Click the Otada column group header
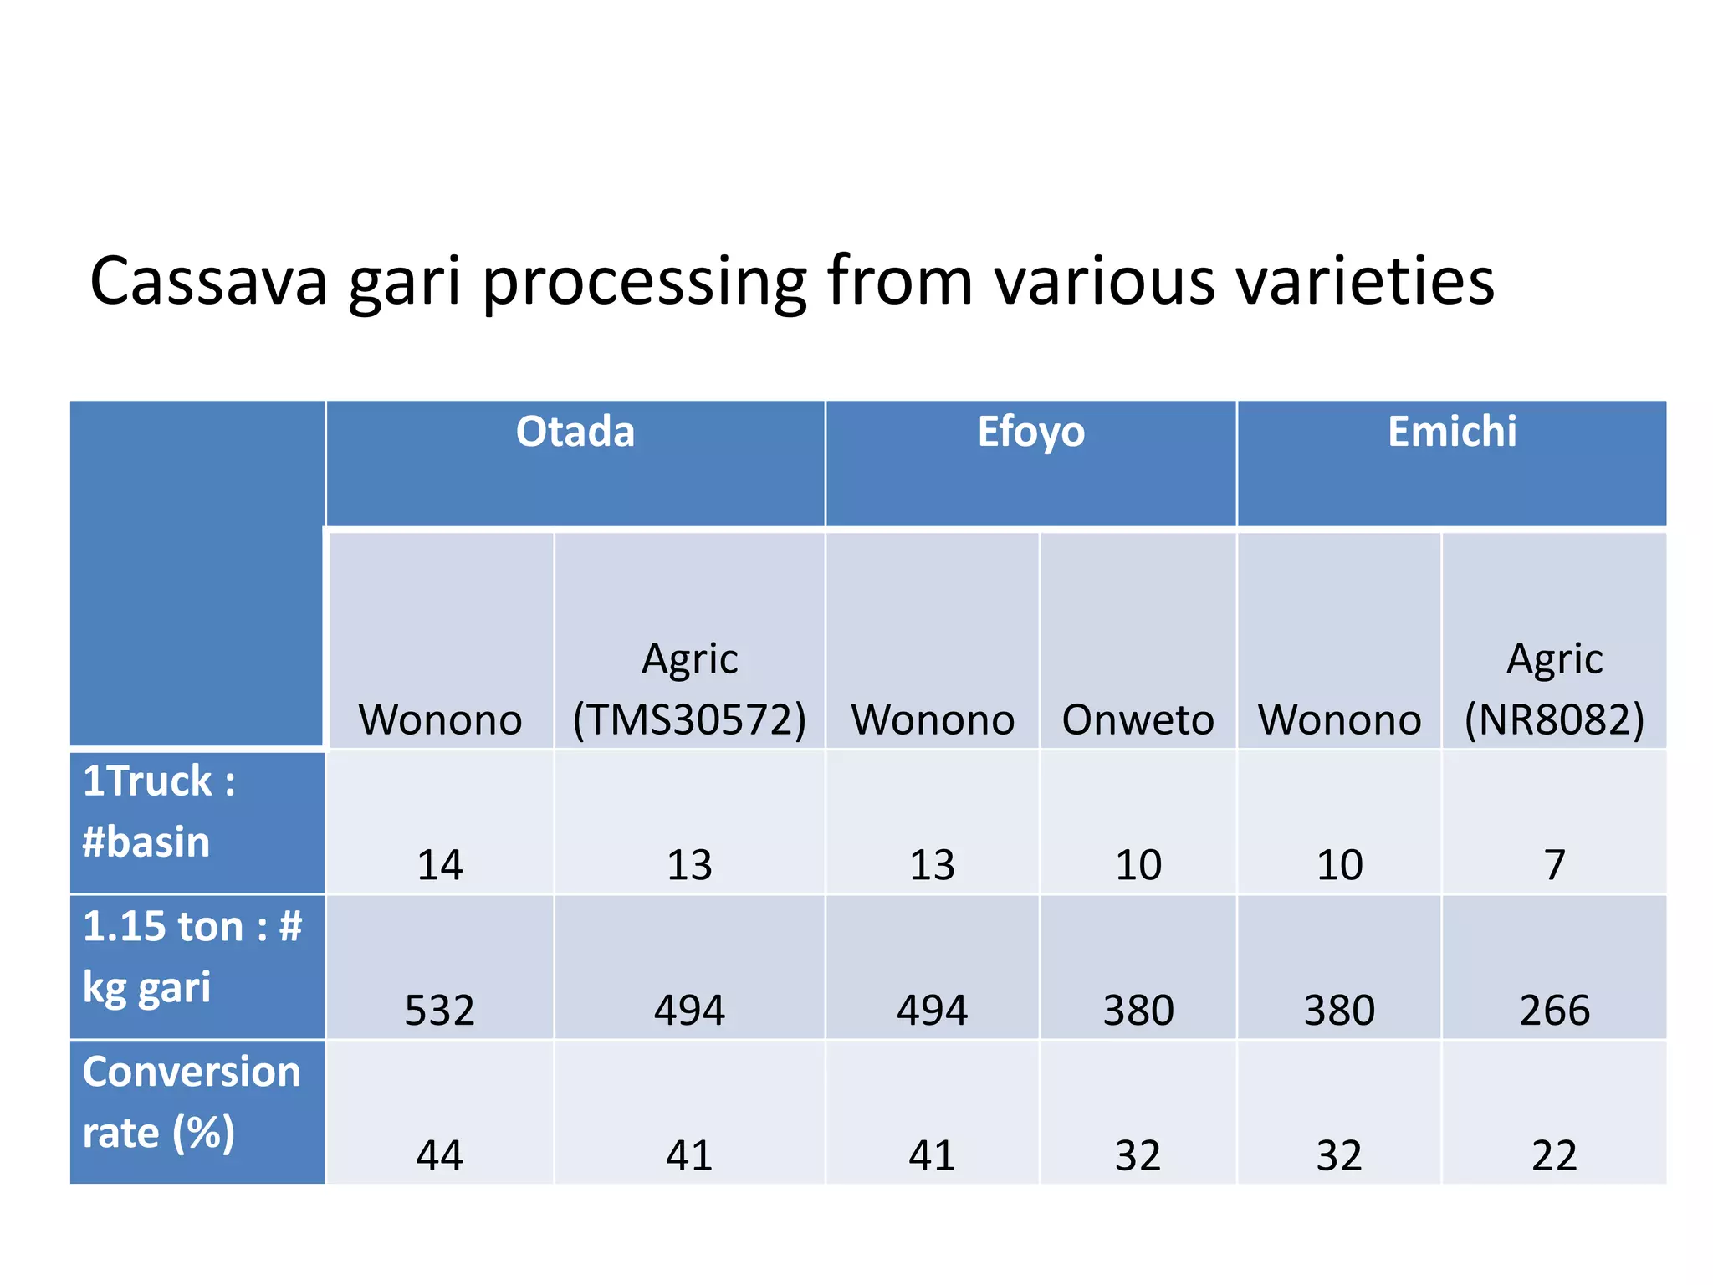575,433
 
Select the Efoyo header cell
1030,433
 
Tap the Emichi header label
1452,433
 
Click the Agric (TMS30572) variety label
689,689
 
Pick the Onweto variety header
1138,719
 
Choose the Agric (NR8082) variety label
1554,689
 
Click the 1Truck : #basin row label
159,811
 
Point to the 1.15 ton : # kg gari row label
192,956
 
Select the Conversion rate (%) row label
191,1102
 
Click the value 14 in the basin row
440,865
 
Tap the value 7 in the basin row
1554,865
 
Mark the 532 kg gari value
440,1011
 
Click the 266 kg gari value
1554,1011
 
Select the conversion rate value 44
440,1156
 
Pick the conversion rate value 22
1554,1156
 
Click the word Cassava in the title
208,282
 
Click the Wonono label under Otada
440,719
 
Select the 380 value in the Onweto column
1138,1011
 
